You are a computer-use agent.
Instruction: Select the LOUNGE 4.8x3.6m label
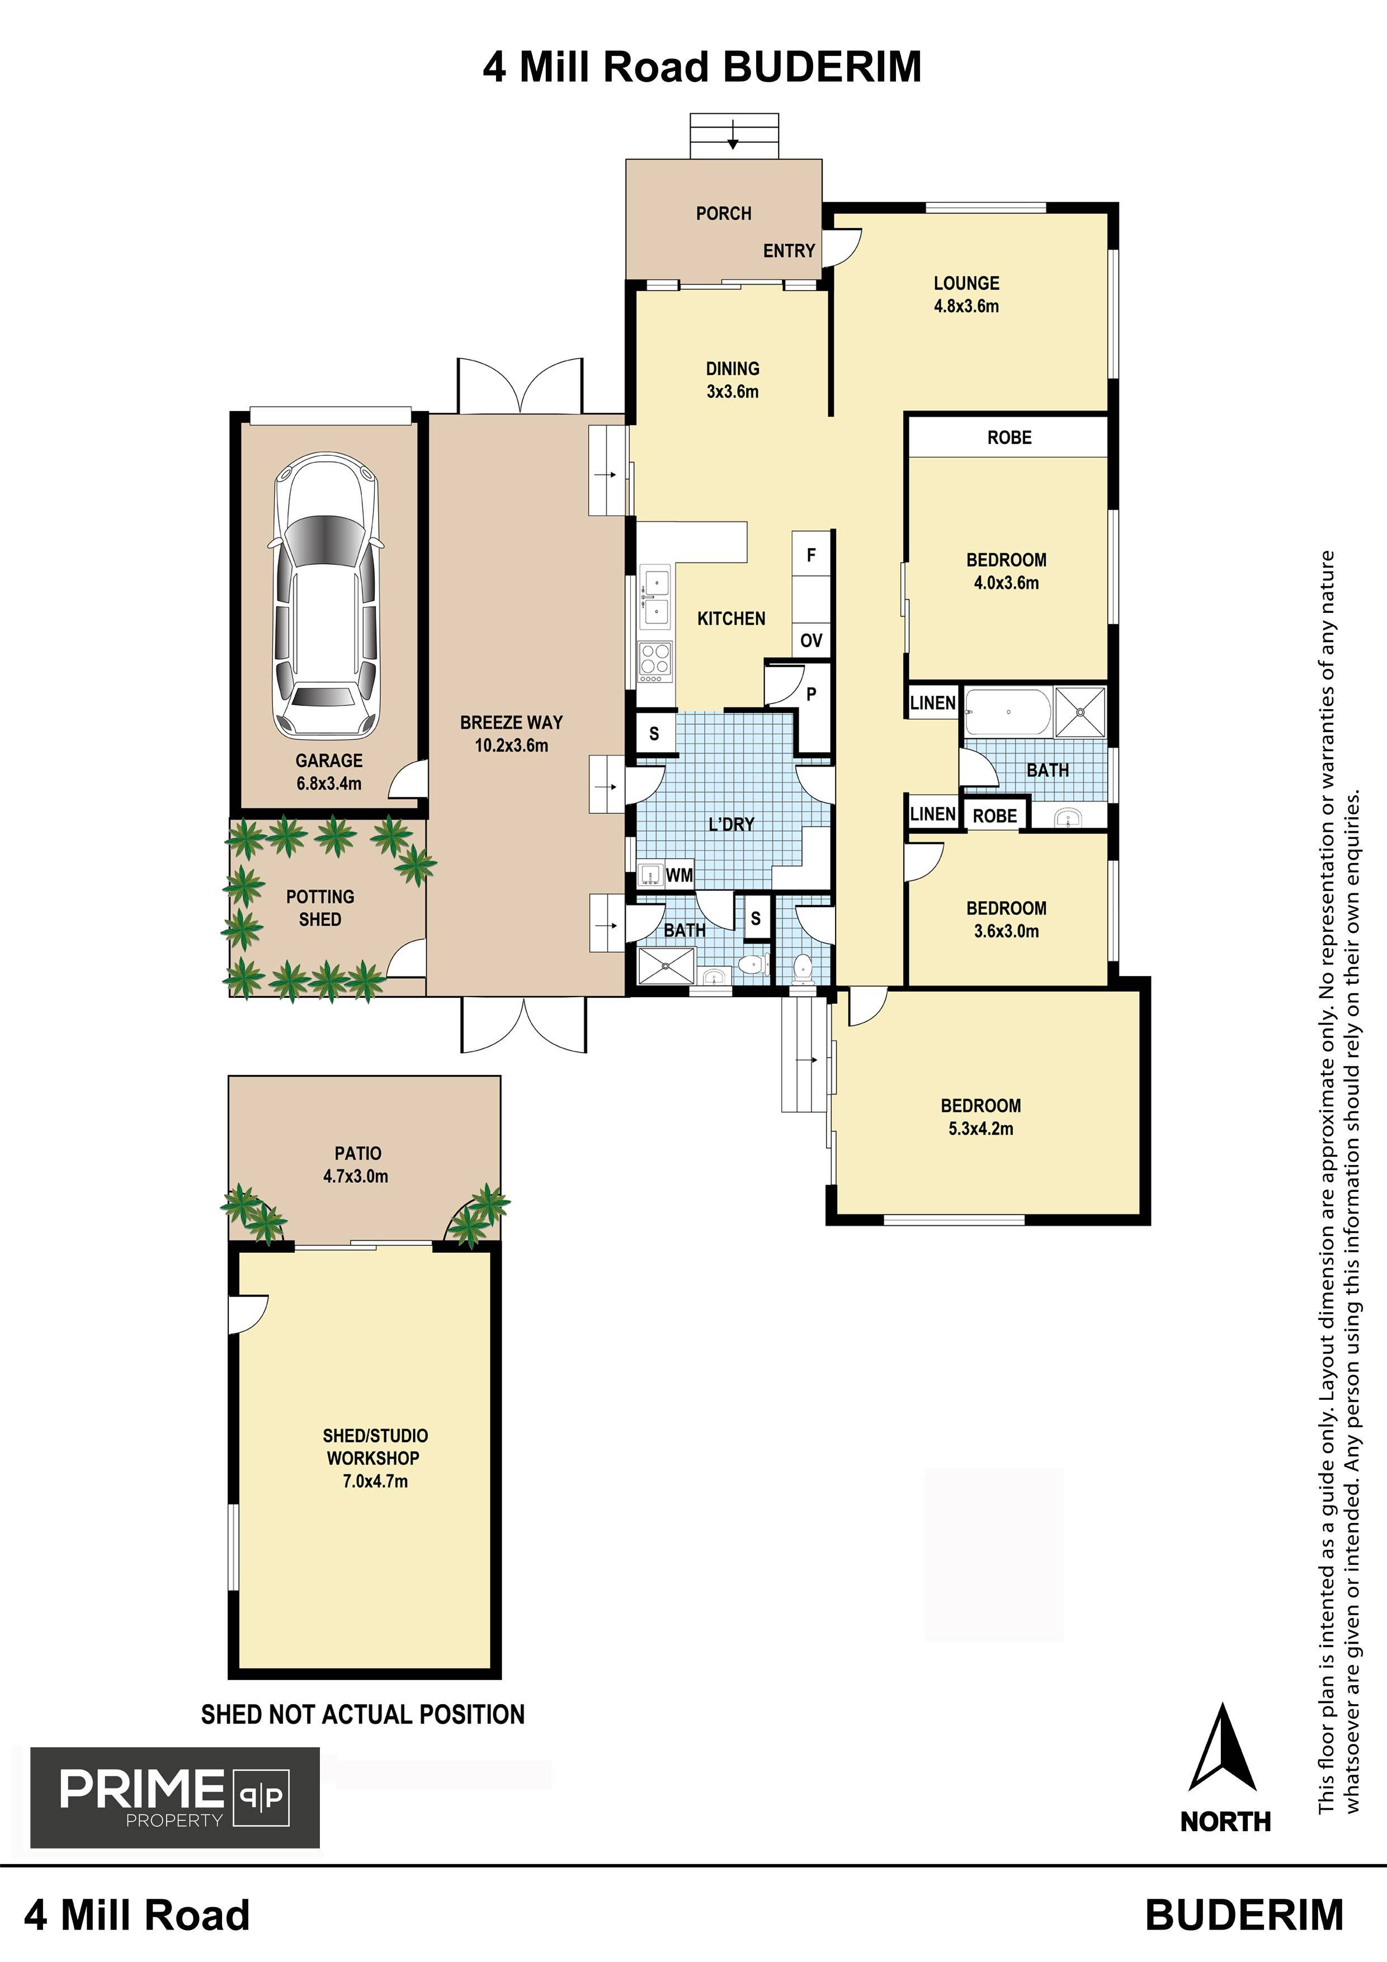point(966,295)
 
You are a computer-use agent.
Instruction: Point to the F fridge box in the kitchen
point(811,555)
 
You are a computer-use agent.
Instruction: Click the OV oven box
point(811,640)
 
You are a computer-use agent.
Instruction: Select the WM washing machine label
point(680,875)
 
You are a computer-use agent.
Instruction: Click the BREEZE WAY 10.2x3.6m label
point(511,733)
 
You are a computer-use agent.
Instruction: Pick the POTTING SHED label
point(319,908)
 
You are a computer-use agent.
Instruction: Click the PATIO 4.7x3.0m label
point(356,1164)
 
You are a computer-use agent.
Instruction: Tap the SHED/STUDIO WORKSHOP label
point(374,1458)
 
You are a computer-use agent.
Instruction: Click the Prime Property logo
point(175,1798)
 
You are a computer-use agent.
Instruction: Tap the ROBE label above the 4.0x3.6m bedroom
point(1009,437)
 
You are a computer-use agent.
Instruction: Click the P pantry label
point(811,694)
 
